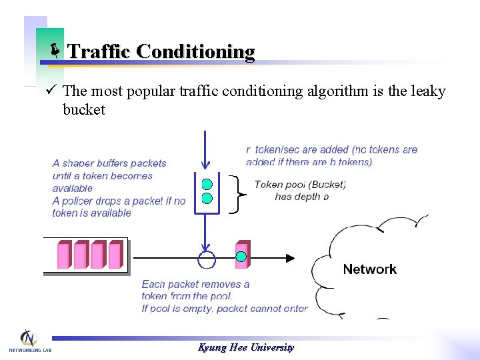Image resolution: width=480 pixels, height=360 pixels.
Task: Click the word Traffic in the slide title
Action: pos(99,51)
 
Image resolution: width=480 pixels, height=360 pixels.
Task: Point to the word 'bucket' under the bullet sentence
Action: pos(84,109)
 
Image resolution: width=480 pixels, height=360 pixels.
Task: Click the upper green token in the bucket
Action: pos(207,184)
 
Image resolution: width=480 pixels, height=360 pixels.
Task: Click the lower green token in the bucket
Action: pos(207,198)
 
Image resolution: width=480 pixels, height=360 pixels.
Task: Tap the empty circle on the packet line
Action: pos(207,258)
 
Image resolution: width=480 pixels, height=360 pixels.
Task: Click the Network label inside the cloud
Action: pos(369,269)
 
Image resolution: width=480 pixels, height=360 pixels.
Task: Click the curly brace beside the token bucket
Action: pos(239,194)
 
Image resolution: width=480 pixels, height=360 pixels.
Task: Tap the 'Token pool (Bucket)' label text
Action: pos(300,185)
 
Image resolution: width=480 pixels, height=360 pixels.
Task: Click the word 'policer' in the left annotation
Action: pos(84,201)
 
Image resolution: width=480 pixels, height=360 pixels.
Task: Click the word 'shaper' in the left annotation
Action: pos(79,163)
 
